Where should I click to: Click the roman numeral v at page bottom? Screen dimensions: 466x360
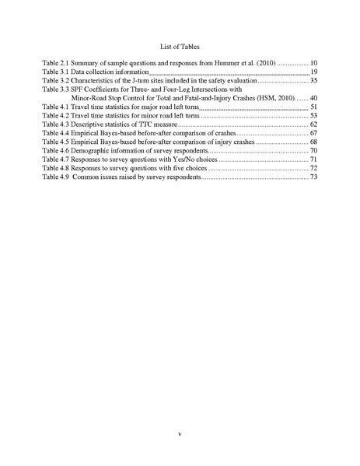click(180, 433)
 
